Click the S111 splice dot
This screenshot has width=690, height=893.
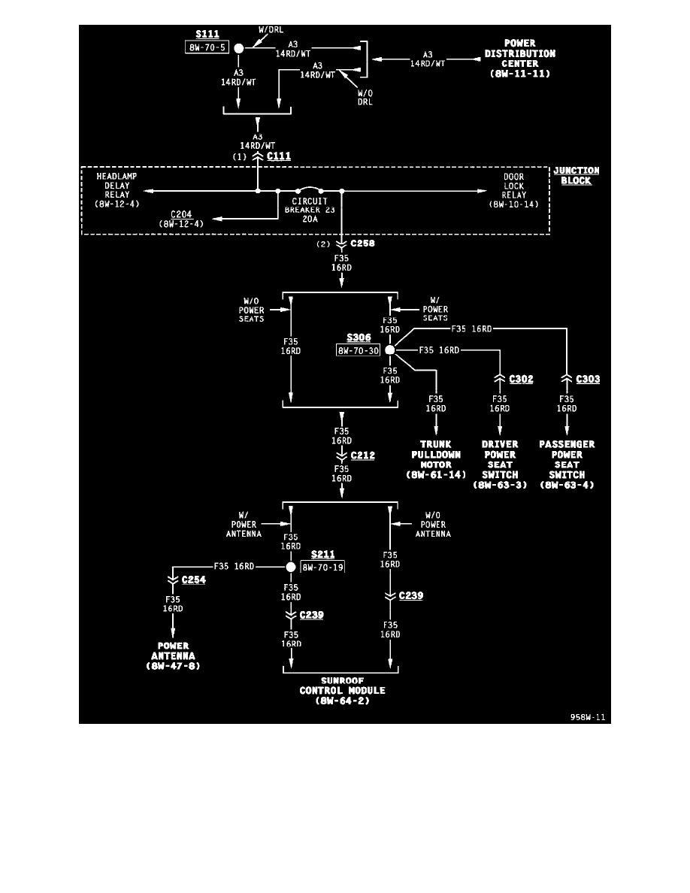[x=239, y=48]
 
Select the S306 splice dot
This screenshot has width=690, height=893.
[x=389, y=350]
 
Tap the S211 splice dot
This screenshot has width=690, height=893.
[x=291, y=567]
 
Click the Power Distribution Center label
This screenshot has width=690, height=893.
[x=519, y=59]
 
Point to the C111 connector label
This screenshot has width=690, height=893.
[x=279, y=156]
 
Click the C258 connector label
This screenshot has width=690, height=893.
[x=362, y=244]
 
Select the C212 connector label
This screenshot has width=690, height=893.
[x=362, y=456]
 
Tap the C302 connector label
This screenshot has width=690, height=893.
[x=521, y=379]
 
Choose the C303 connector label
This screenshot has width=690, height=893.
[x=588, y=379]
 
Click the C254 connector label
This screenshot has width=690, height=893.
[x=193, y=580]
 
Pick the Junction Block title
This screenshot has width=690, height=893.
[x=572, y=176]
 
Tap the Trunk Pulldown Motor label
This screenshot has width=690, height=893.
[x=436, y=459]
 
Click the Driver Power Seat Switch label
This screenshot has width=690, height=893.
[x=500, y=465]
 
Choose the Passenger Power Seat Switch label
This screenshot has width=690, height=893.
[x=567, y=465]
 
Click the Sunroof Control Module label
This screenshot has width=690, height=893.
[x=342, y=690]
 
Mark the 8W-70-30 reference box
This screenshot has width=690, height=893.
[x=358, y=350]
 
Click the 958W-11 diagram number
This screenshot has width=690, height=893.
[x=587, y=717]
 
